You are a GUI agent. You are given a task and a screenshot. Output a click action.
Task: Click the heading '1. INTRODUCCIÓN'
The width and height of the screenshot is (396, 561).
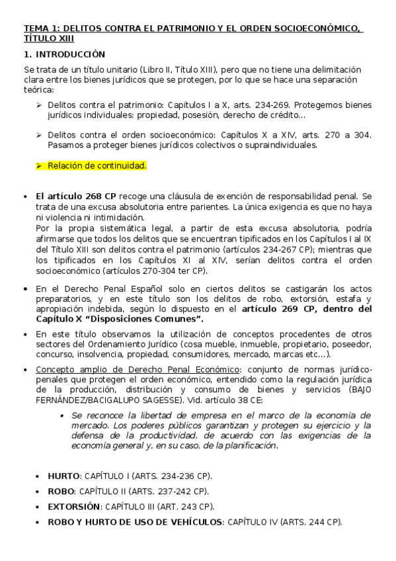tap(64, 54)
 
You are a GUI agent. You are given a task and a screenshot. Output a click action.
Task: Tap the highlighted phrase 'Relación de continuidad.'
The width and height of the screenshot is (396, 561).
tap(97, 165)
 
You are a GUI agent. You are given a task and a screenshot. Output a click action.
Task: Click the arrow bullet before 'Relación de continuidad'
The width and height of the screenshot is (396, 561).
tap(39, 165)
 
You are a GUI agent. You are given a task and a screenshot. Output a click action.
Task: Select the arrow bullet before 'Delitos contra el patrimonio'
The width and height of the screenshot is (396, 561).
tap(39, 105)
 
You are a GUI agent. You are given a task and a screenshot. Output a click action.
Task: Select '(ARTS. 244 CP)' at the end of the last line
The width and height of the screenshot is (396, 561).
tap(311, 522)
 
